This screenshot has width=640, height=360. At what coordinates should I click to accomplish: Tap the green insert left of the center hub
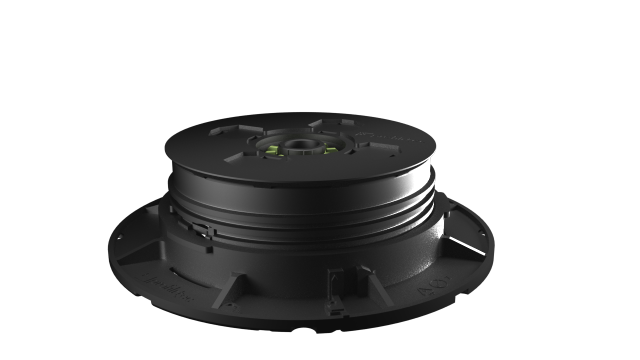[x=273, y=149]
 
